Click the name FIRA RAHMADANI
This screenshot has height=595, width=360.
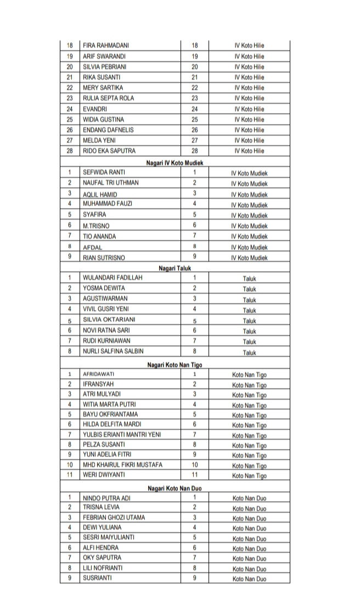coord(106,46)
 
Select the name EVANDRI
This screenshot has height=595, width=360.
coord(95,109)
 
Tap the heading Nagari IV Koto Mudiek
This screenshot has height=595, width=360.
coord(175,162)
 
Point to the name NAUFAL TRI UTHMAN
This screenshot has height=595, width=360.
coord(110,183)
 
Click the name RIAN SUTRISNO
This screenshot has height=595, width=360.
coord(104,257)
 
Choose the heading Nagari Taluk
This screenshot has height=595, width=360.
coord(175,268)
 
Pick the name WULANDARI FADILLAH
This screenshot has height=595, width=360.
coord(113,278)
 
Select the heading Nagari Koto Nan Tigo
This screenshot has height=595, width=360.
coord(175,364)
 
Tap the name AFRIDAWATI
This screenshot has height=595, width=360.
coord(99,374)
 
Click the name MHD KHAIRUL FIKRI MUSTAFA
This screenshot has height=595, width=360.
coord(122,464)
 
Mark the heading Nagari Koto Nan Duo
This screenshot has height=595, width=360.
coord(175,488)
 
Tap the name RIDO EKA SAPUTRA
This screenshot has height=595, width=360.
coord(109,151)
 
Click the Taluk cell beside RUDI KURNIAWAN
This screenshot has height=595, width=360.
coord(250,342)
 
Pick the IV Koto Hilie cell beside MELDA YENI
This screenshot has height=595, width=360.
coord(249,141)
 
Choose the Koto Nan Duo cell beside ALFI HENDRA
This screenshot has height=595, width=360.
coord(249,548)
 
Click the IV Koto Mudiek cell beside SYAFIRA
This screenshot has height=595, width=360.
coord(249,215)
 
